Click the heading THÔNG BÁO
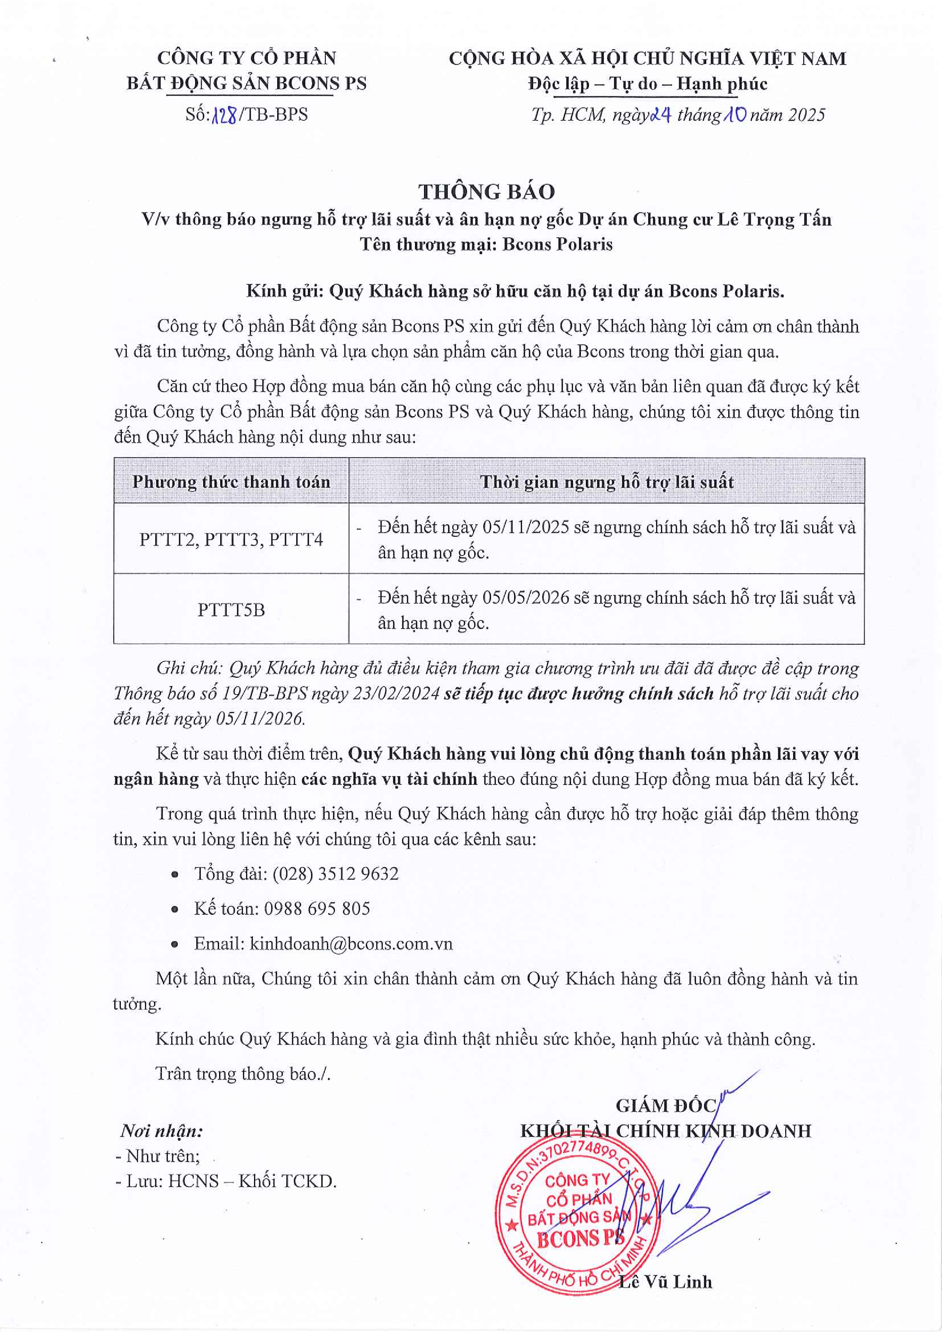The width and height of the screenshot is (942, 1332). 486,191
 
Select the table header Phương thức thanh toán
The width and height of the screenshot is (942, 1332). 231,481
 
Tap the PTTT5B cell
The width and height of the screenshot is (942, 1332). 231,610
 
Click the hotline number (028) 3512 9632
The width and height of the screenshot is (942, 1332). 335,874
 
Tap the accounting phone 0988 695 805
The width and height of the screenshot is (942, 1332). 317,909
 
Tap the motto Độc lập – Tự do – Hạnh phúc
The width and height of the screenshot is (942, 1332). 647,84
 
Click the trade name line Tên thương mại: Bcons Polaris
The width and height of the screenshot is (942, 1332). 486,244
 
